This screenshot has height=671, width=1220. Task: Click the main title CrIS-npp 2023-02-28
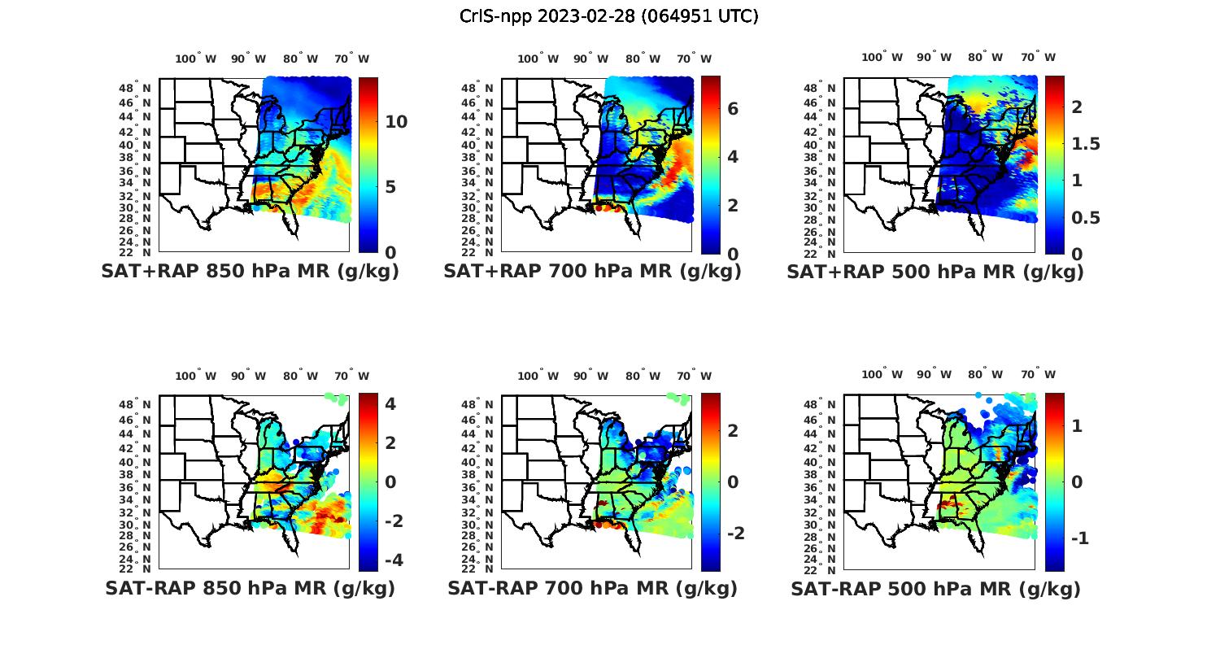pyautogui.click(x=608, y=16)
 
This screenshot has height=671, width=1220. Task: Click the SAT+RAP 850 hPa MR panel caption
pyautogui.click(x=251, y=272)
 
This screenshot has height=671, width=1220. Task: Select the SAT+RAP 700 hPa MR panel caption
pyautogui.click(x=592, y=272)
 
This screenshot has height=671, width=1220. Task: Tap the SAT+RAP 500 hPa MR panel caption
pyautogui.click(x=935, y=272)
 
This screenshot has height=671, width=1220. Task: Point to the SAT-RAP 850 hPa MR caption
pyautogui.click(x=251, y=588)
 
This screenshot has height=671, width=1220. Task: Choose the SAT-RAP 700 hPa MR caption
pyautogui.click(x=592, y=588)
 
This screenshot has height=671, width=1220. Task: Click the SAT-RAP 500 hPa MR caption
pyautogui.click(x=935, y=589)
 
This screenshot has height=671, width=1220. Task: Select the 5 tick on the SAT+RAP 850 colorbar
pyautogui.click(x=390, y=187)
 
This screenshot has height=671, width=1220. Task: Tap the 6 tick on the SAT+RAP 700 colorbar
pyautogui.click(x=733, y=108)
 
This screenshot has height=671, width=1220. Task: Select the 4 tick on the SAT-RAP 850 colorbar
pyautogui.click(x=390, y=403)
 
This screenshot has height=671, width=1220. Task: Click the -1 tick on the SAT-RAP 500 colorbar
pyautogui.click(x=1078, y=538)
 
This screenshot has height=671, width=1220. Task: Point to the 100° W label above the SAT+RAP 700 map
pyautogui.click(x=538, y=59)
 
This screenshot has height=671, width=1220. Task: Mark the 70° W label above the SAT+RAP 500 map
pyautogui.click(x=1038, y=57)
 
